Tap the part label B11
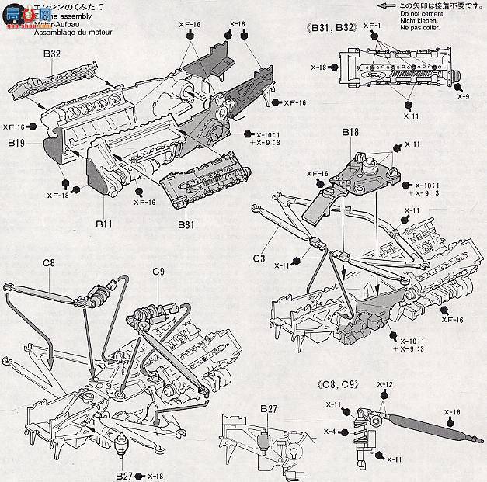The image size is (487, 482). click(x=106, y=224)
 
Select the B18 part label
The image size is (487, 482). click(x=350, y=134)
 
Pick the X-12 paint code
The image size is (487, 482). click(x=385, y=385)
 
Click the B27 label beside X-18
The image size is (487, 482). click(x=125, y=475)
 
